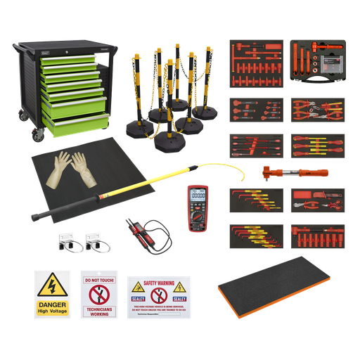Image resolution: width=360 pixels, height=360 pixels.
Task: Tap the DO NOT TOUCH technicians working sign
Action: coord(98,293)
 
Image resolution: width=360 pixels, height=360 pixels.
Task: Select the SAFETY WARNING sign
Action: coord(158,295)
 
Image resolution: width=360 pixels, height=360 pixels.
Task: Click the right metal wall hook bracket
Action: coord(94,241)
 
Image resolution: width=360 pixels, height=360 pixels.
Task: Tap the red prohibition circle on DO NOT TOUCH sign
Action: coord(98,292)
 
